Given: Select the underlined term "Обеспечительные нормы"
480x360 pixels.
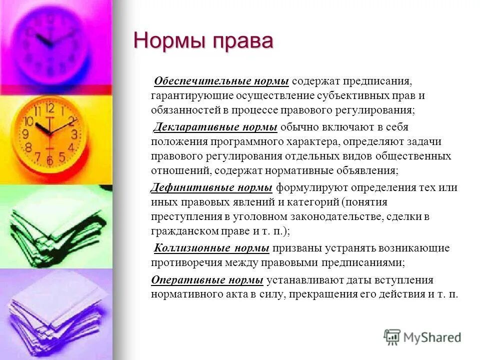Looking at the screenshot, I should (x=221, y=81).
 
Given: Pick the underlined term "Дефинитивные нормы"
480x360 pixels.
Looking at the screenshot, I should (x=212, y=188).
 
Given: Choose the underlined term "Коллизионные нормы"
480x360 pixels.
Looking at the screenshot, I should (x=212, y=248).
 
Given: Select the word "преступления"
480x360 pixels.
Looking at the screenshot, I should (x=182, y=217).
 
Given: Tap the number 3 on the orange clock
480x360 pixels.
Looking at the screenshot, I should (x=73, y=134).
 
